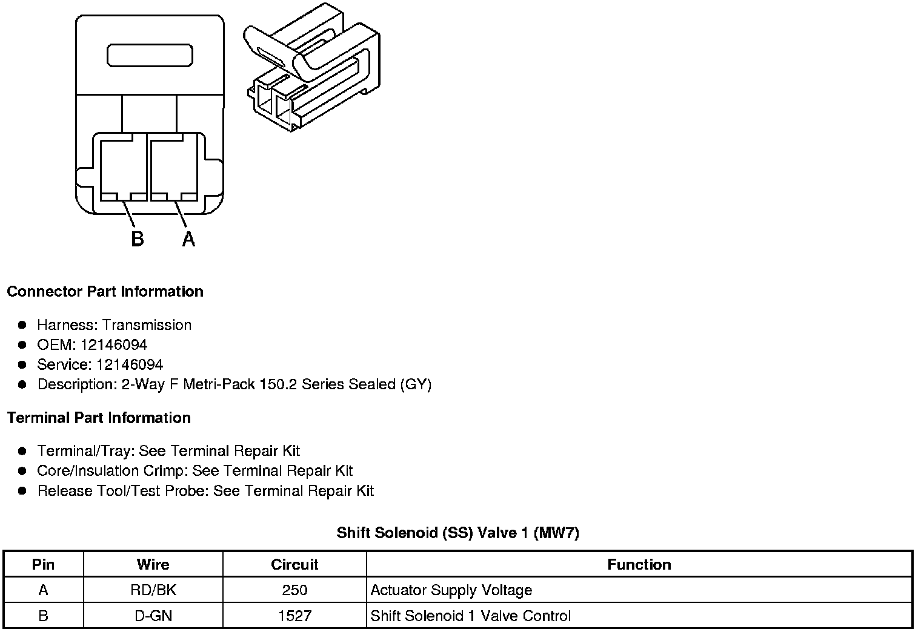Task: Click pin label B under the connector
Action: tap(138, 239)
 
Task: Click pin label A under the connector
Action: tap(188, 239)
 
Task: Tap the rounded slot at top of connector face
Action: tap(150, 55)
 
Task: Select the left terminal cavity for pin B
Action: tap(123, 168)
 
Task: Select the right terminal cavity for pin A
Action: tap(173, 168)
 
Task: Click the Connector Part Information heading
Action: tap(105, 291)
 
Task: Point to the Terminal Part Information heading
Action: tap(99, 418)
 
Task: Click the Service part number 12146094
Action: tap(130, 364)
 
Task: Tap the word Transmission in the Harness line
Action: tap(147, 325)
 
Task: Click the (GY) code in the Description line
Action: tap(416, 384)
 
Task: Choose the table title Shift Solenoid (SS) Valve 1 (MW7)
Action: tap(458, 533)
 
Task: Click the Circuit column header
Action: tap(294, 564)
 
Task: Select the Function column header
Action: tap(639, 564)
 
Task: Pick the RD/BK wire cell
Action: tap(153, 590)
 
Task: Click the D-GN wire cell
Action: tap(153, 616)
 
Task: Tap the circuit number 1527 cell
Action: tap(294, 616)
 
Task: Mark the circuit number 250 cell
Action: tap(294, 590)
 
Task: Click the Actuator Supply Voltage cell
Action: tap(451, 590)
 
